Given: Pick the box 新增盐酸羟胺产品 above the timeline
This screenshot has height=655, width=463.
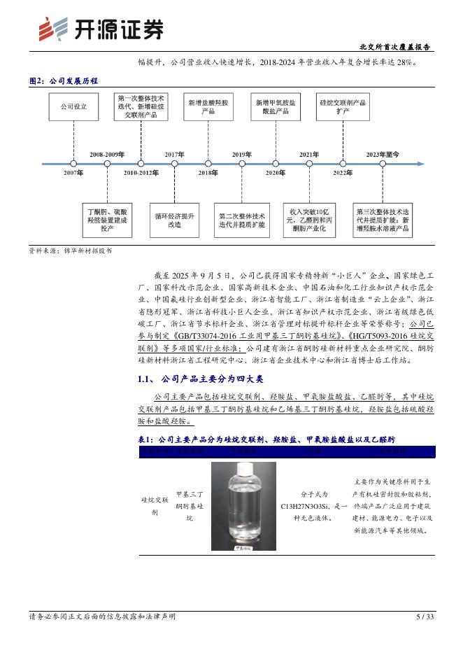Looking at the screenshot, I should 208,107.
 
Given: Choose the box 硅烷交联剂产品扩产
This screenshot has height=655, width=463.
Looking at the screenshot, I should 342,107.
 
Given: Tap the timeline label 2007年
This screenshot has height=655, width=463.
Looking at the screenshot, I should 73,172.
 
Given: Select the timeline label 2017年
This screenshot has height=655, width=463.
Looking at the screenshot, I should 174,154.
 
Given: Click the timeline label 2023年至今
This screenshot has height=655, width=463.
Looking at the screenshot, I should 383,154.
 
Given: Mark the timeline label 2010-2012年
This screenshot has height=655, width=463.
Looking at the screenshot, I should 141,172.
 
